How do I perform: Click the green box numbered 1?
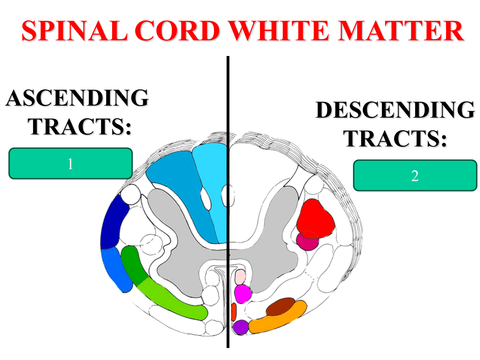pyautogui.click(x=70, y=163)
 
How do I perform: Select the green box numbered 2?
pyautogui.click(x=415, y=175)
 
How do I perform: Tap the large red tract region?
pyautogui.click(x=316, y=218)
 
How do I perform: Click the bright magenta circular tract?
pyautogui.click(x=242, y=294)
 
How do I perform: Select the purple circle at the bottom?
pyautogui.click(x=241, y=327)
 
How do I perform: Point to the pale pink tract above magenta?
pyautogui.click(x=240, y=277)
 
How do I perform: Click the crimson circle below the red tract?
pyautogui.click(x=307, y=242)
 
